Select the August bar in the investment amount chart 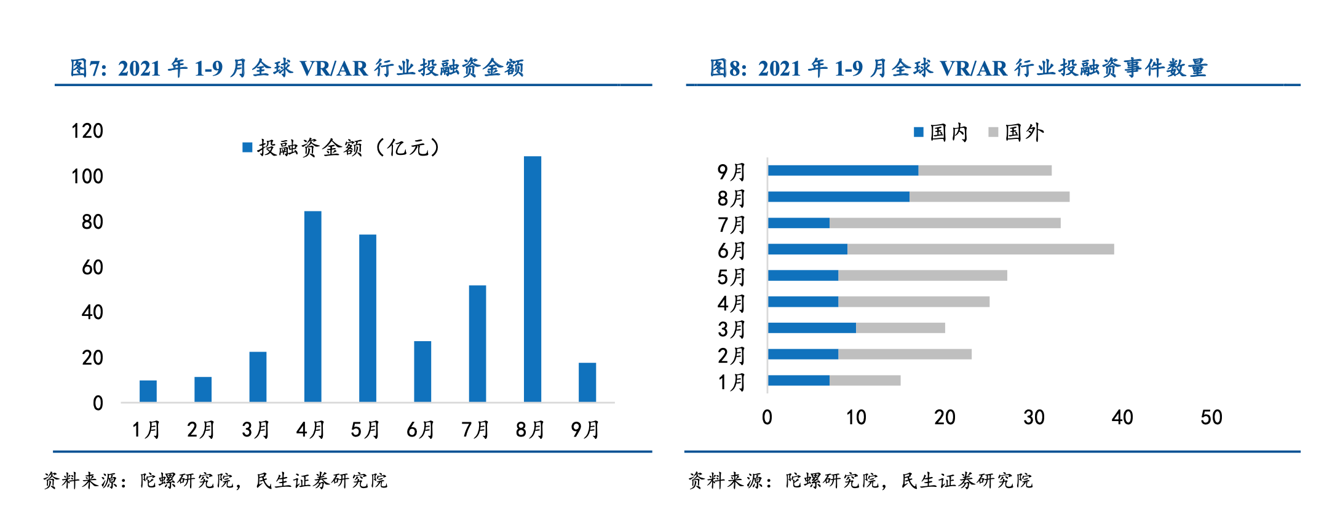(532, 280)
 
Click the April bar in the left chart (312, 307)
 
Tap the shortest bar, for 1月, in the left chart (148, 391)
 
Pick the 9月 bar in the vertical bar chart (587, 382)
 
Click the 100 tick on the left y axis (87, 177)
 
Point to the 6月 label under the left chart (421, 430)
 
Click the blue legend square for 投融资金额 (247, 148)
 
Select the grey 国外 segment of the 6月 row (980, 249)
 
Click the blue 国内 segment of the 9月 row (843, 170)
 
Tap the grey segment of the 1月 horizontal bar (865, 381)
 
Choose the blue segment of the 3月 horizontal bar (812, 328)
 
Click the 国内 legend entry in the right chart (941, 132)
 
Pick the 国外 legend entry (1017, 132)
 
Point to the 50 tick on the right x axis (1211, 418)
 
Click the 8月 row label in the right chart (731, 199)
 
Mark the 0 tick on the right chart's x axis (767, 418)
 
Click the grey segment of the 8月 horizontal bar (989, 197)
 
